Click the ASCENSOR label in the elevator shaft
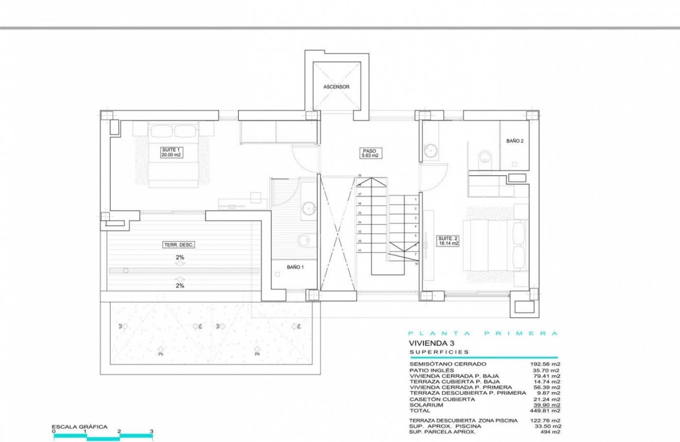click(336, 87)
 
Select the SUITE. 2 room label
click(446, 241)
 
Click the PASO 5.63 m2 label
click(369, 153)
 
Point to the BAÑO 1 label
click(296, 268)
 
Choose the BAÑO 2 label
click(515, 140)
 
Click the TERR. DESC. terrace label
click(178, 245)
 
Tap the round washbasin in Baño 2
click(431, 151)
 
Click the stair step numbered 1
click(415, 199)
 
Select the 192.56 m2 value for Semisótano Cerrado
click(546, 364)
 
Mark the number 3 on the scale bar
click(151, 431)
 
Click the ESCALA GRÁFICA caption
click(79, 427)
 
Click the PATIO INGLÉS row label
click(432, 370)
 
